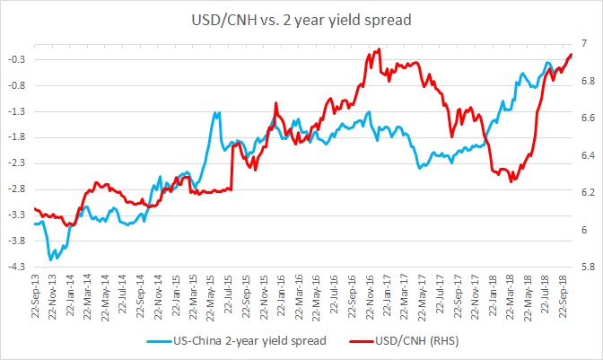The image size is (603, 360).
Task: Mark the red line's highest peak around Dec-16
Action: [x=379, y=49]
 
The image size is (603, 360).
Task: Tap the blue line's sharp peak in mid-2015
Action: [x=216, y=113]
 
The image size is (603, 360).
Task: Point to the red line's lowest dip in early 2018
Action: [x=511, y=181]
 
